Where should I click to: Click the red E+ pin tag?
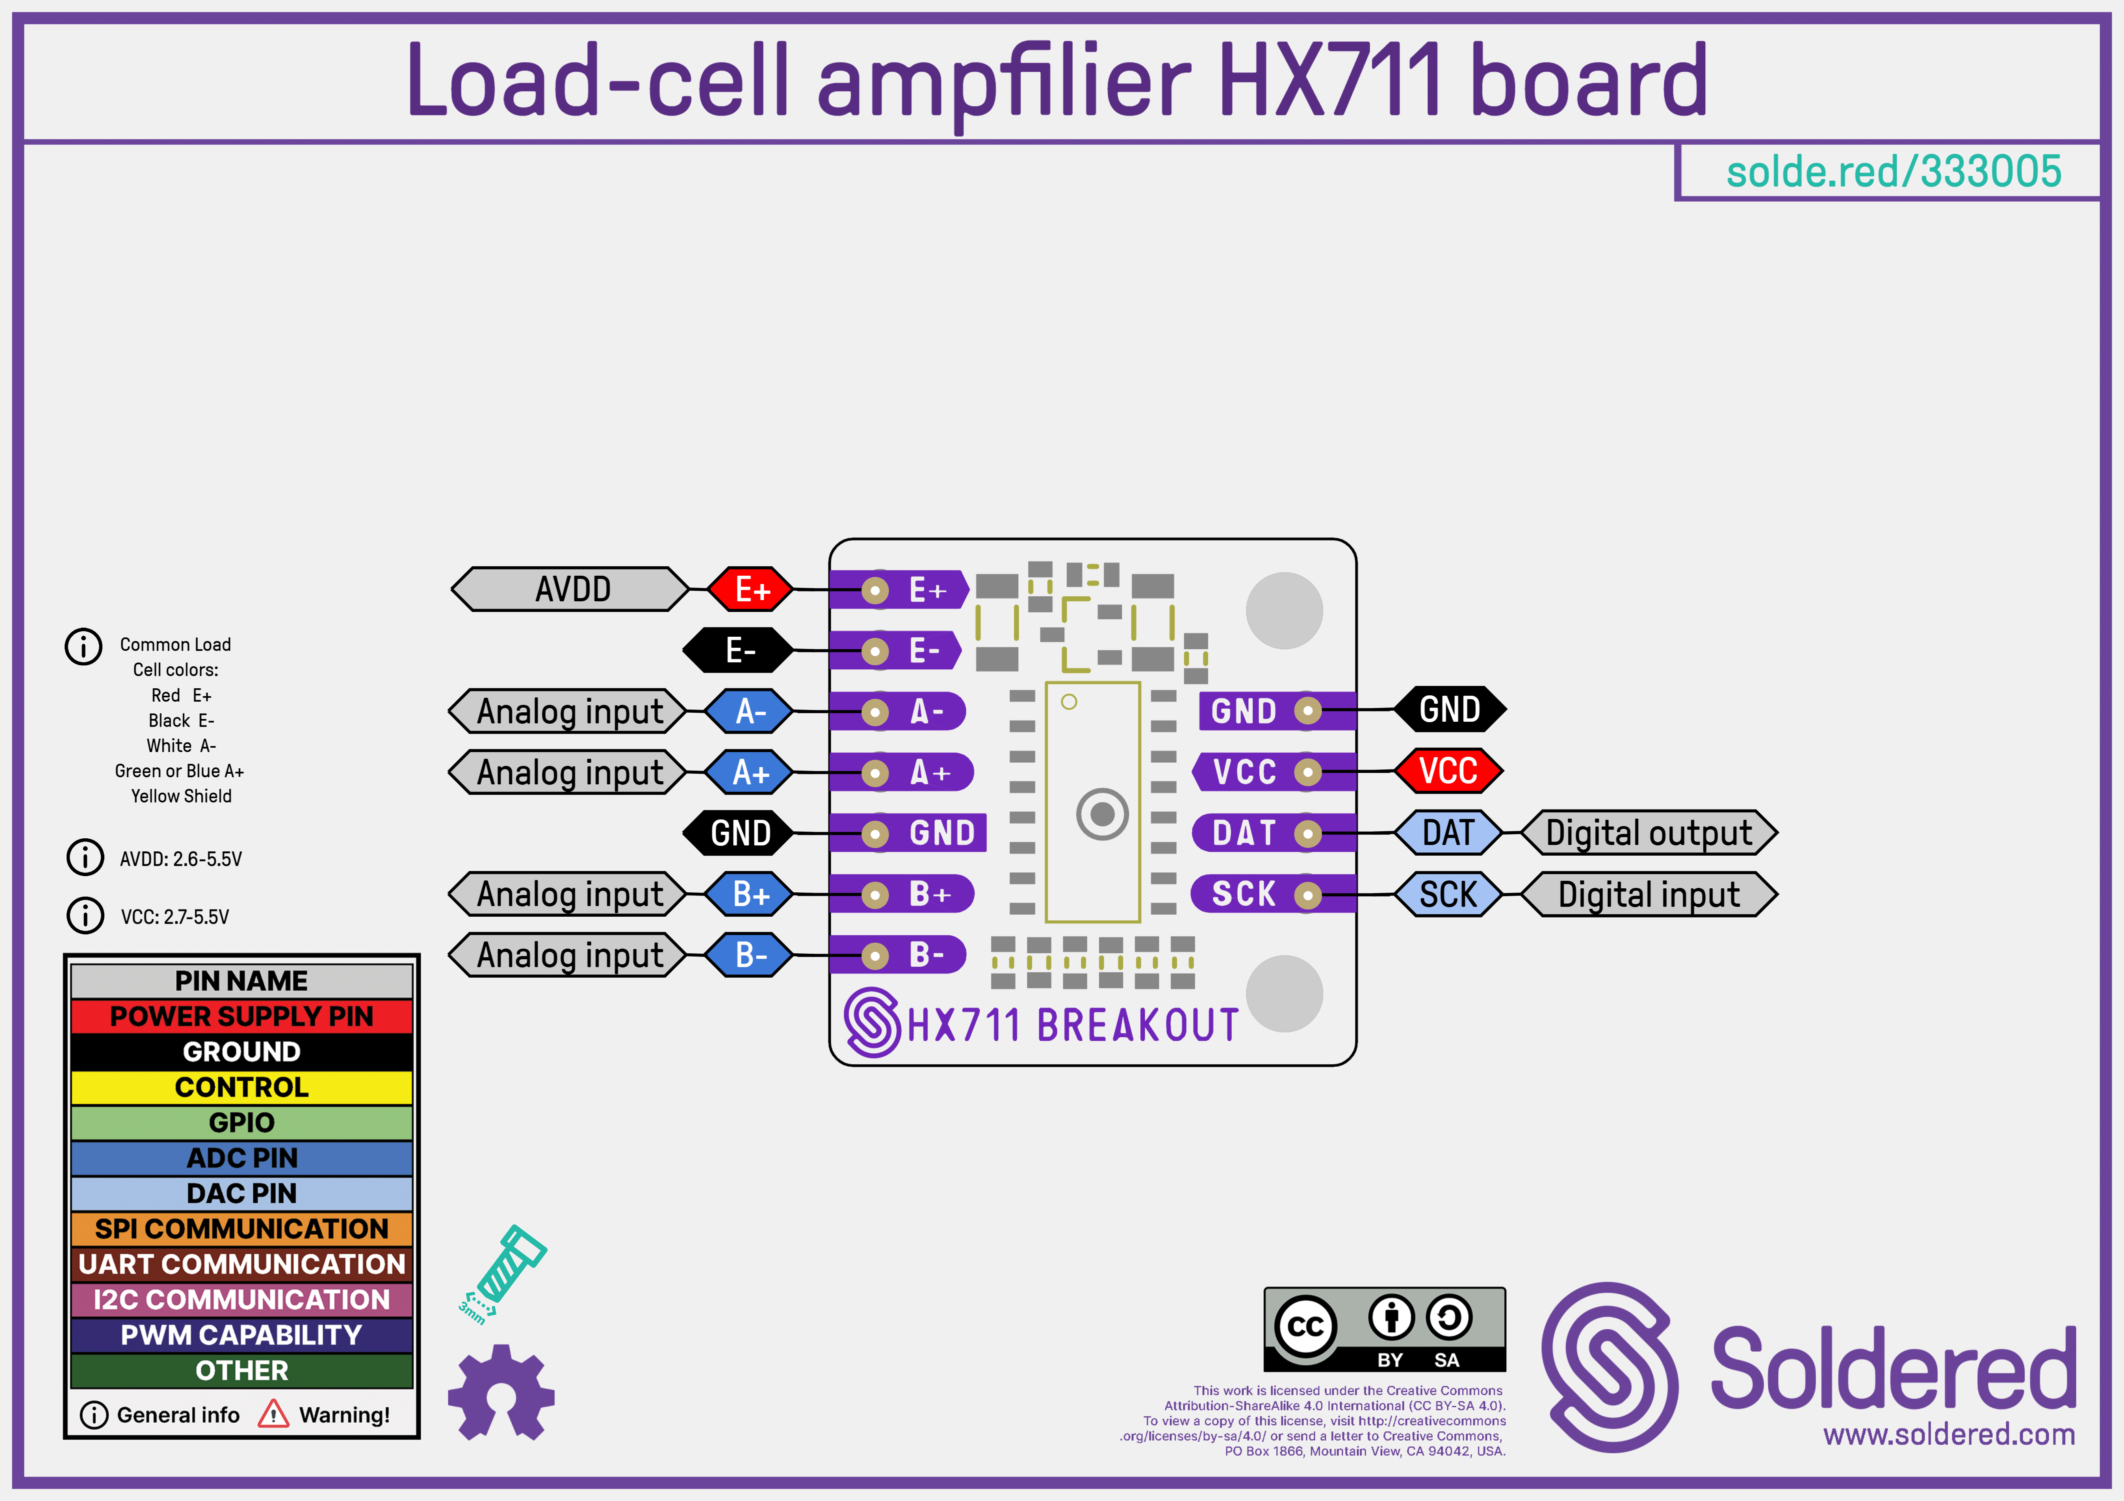point(750,589)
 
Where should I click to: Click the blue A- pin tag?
point(749,711)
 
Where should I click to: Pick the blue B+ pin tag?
point(749,894)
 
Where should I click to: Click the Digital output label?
point(1649,832)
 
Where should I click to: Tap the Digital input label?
point(1649,894)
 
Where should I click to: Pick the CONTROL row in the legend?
point(241,1087)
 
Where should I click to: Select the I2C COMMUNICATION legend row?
point(241,1299)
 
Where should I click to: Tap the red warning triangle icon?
point(273,1414)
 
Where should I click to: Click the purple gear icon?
point(501,1392)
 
